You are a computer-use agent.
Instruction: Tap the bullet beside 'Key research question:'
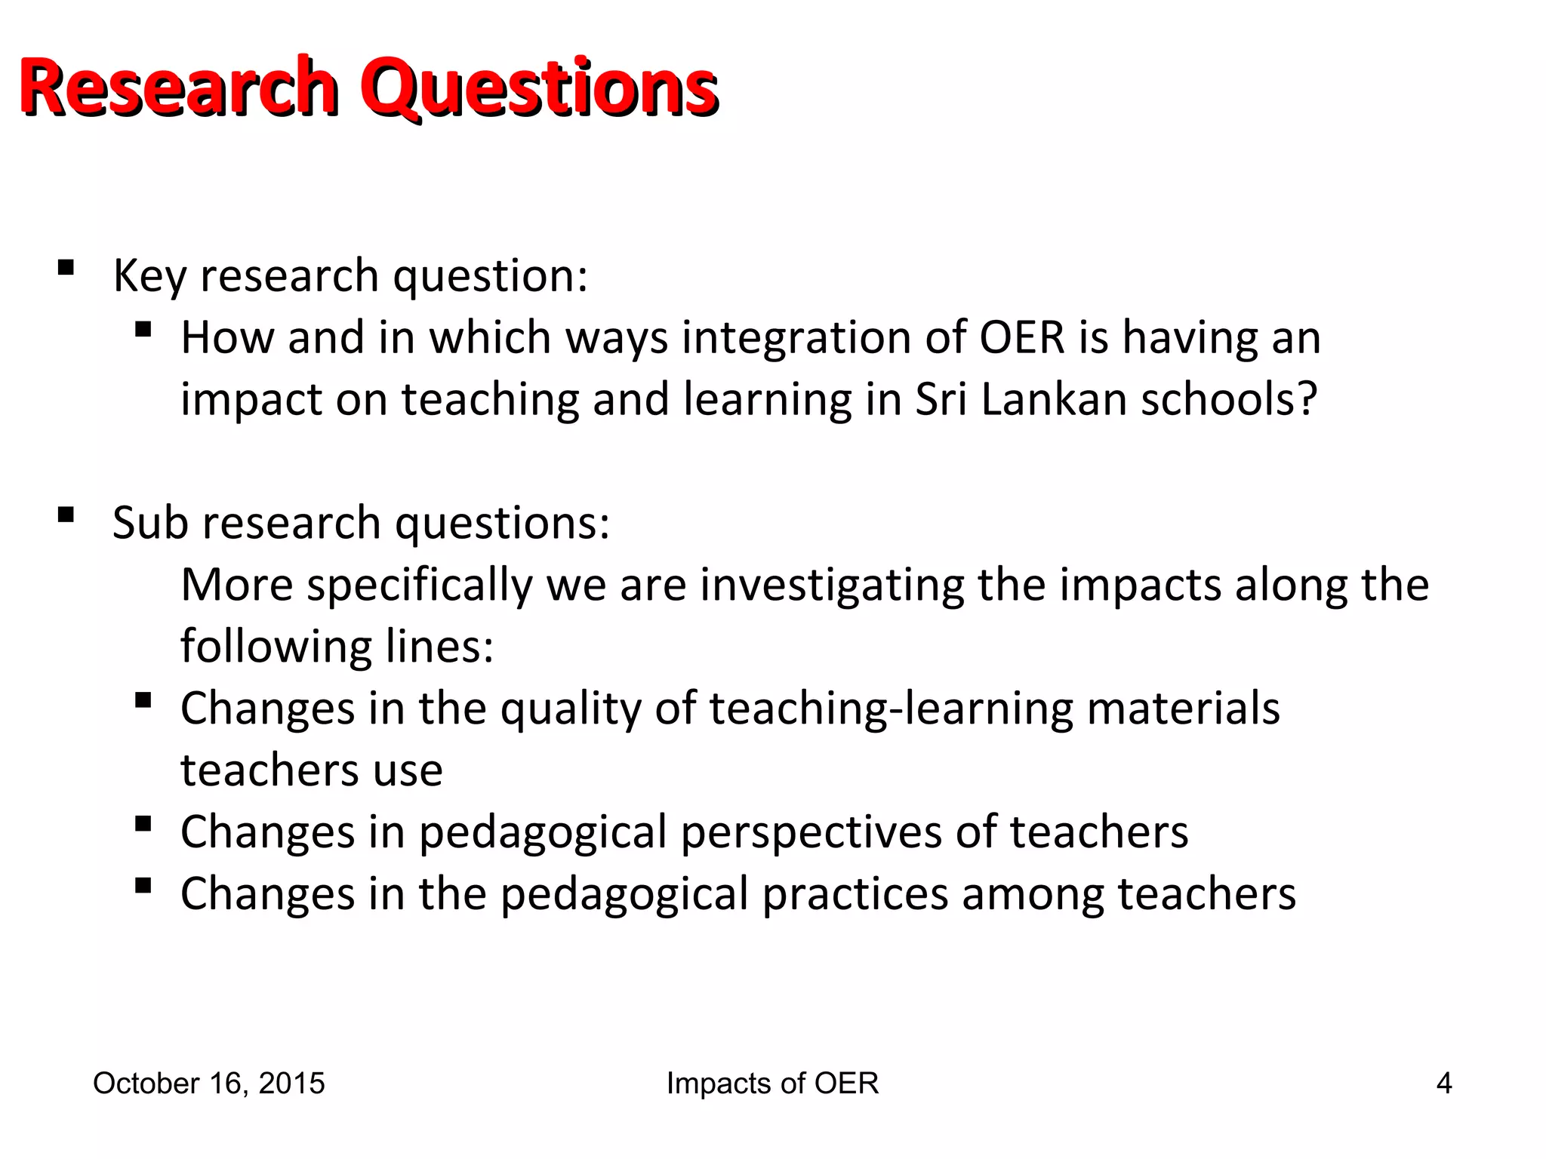pos(66,268)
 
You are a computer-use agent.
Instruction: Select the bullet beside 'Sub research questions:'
pos(66,515)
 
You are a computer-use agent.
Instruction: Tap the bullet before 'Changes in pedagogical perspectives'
pos(143,823)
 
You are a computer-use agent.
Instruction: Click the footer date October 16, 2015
pos(208,1084)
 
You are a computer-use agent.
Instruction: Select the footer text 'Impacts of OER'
pos(772,1084)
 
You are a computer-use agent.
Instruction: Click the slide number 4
pos(1443,1084)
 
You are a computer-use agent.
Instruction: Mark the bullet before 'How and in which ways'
pos(143,330)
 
